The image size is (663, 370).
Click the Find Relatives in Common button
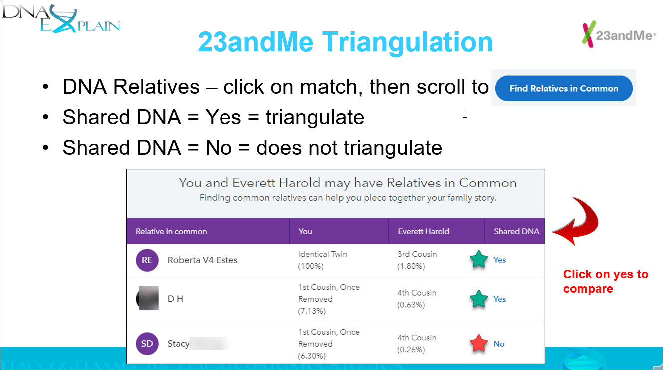(564, 89)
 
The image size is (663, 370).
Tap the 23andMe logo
(618, 35)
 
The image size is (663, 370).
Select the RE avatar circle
(147, 260)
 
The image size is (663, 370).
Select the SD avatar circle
(147, 344)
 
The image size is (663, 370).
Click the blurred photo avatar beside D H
(147, 299)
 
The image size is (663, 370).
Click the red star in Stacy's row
(479, 344)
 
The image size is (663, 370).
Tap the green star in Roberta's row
(479, 260)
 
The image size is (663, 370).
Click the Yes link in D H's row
(499, 299)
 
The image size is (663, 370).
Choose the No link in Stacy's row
(499, 344)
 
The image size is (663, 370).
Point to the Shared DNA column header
(516, 231)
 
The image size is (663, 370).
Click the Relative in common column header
(171, 231)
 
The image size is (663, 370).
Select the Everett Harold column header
(424, 231)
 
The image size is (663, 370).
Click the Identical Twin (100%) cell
(323, 260)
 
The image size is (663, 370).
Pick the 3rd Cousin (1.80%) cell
(417, 260)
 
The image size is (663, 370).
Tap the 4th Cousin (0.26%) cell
(417, 344)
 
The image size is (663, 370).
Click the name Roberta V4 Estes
(203, 260)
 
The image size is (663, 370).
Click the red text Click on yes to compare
(605, 281)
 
